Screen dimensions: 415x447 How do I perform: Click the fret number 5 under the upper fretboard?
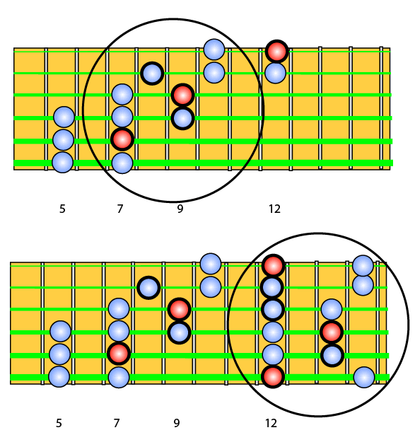[x=62, y=209]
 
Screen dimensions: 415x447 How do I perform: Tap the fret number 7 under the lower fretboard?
[x=116, y=423]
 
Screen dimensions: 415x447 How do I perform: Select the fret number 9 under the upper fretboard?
[x=180, y=209]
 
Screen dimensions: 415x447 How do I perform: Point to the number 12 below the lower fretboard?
[x=271, y=423]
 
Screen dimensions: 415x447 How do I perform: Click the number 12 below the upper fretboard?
[x=274, y=209]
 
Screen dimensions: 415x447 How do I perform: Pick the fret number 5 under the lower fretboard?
[x=59, y=423]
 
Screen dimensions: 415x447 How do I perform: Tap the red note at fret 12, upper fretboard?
[x=276, y=52]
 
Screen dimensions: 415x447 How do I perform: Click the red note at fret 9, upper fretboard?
[x=182, y=95]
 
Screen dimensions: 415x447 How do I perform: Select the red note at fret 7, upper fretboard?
[x=122, y=140]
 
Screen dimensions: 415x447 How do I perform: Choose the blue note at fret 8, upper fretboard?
[x=152, y=74]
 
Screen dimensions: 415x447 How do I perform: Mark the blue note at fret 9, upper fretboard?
[x=182, y=118]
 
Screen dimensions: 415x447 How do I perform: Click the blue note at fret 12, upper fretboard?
[x=275, y=73]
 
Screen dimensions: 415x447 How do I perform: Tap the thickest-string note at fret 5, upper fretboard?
[x=63, y=162]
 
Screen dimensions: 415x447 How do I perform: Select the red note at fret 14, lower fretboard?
[x=332, y=332]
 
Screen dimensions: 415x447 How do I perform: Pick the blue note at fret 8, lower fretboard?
[x=148, y=288]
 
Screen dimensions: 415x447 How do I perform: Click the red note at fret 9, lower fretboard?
[x=179, y=310]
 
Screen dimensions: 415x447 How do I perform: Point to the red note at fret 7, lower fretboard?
[x=119, y=354]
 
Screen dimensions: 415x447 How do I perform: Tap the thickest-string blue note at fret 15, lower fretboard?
[x=364, y=377]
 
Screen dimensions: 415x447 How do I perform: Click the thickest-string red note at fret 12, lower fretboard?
[x=273, y=377]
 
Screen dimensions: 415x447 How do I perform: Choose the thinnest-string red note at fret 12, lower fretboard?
[x=274, y=266]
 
